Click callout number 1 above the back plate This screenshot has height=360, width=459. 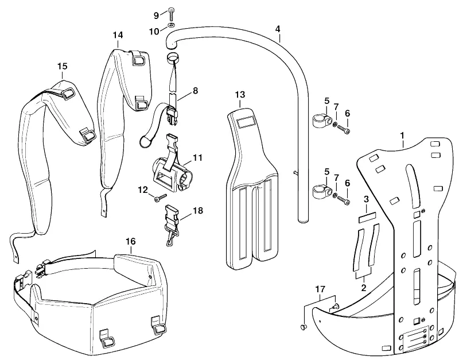click(x=403, y=136)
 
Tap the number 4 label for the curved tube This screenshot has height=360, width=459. click(x=278, y=29)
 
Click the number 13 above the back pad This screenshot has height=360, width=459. click(x=240, y=95)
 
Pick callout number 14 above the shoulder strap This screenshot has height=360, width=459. click(x=118, y=35)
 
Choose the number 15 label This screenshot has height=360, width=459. click(x=62, y=66)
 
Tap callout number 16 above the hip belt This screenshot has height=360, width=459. click(x=131, y=241)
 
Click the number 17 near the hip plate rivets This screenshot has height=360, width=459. click(x=320, y=289)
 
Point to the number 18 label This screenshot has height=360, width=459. click(x=198, y=211)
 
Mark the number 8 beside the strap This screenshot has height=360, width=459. click(x=195, y=91)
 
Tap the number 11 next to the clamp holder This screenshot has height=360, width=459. click(x=197, y=157)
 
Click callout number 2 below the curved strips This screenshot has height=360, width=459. click(x=364, y=288)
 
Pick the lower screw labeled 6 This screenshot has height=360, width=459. click(x=344, y=200)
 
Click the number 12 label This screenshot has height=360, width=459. click(x=143, y=190)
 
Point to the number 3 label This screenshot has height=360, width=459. click(x=366, y=199)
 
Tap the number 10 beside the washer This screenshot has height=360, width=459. click(x=154, y=31)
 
